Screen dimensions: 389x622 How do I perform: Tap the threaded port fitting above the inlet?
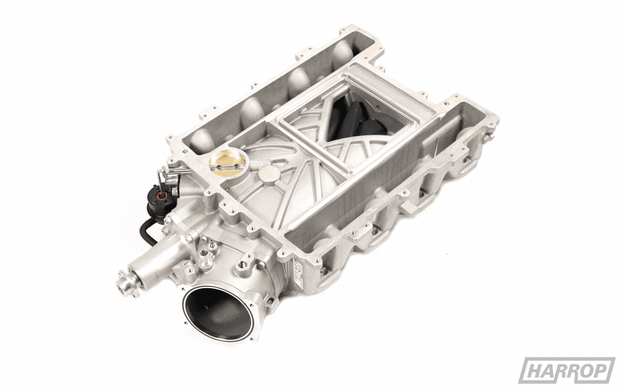[245, 265]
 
